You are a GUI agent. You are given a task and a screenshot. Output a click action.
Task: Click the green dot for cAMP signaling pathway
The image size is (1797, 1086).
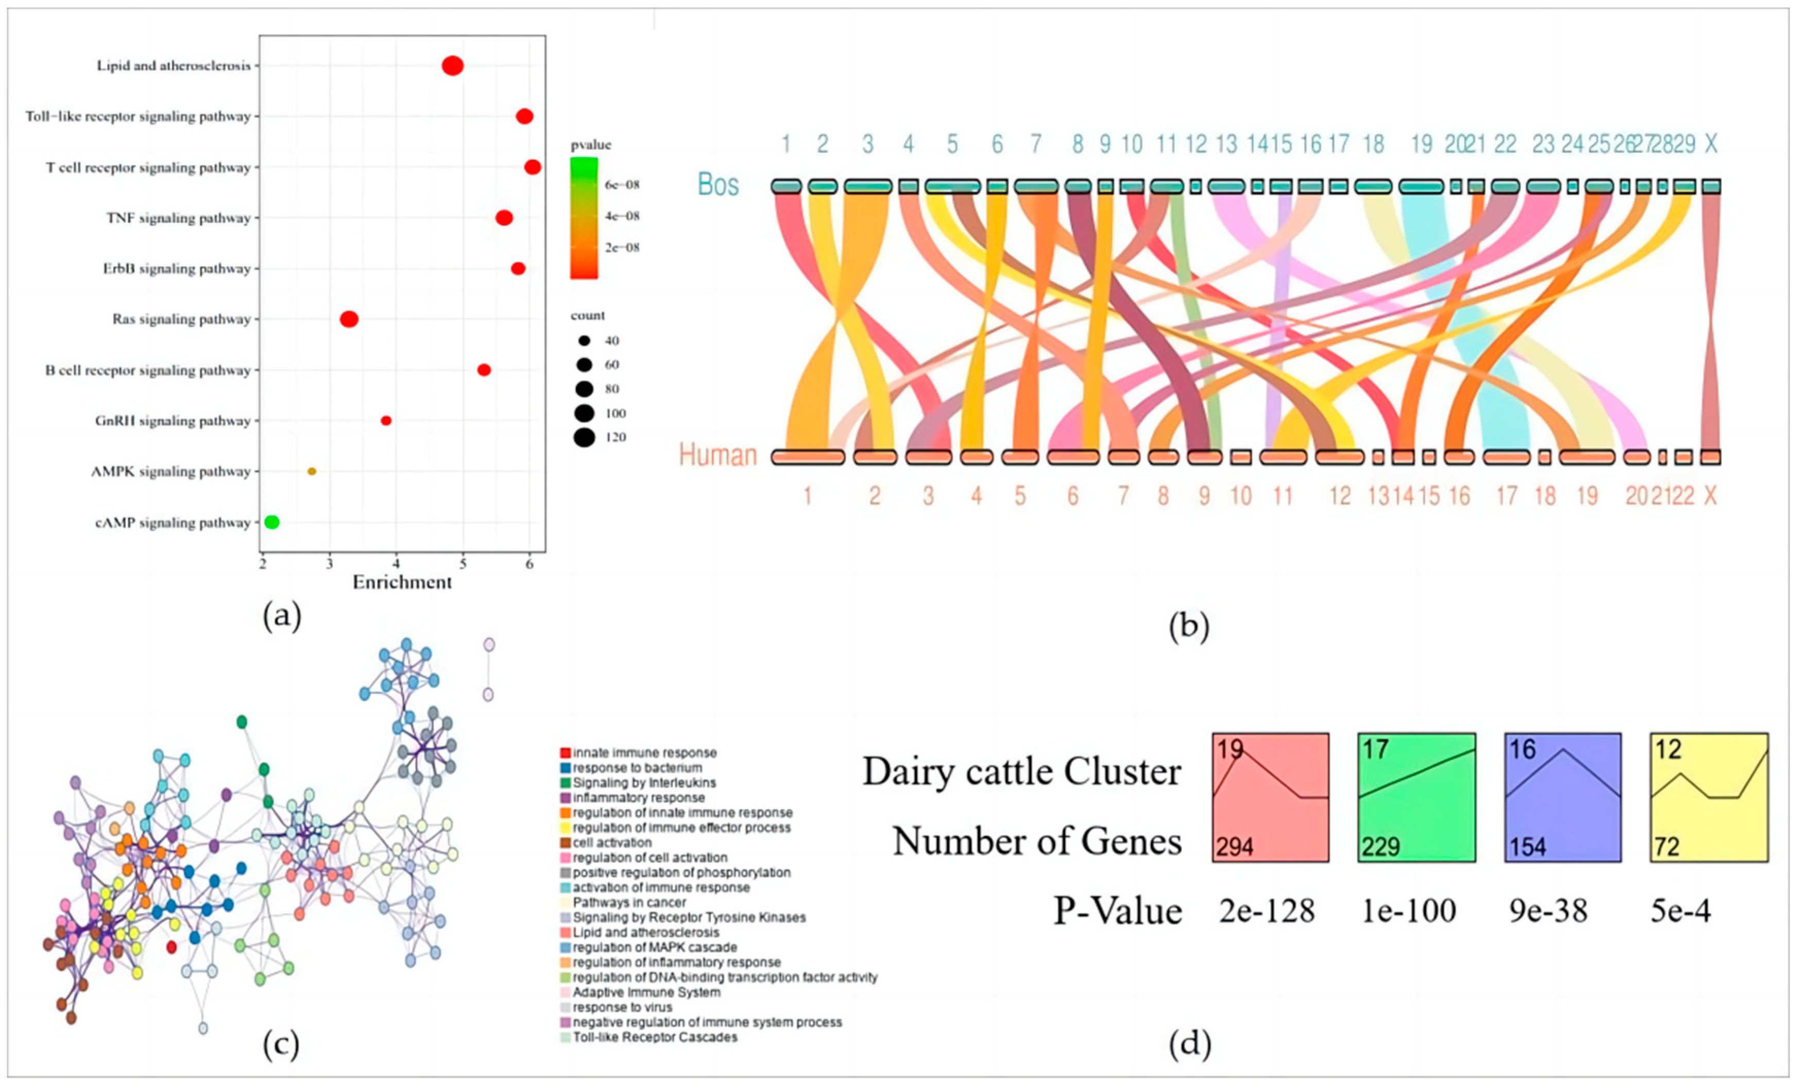click(272, 522)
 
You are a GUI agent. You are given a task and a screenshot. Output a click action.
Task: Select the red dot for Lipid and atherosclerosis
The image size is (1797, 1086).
click(452, 65)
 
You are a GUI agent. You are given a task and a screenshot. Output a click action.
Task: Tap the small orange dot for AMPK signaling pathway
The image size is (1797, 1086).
click(312, 471)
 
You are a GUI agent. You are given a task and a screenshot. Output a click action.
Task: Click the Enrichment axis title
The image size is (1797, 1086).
click(402, 582)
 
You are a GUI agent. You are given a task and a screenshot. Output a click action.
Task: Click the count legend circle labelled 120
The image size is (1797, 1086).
click(584, 437)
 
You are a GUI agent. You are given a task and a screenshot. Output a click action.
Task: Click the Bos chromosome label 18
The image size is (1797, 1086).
click(1373, 144)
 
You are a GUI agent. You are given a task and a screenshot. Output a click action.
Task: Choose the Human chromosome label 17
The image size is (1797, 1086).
click(1506, 496)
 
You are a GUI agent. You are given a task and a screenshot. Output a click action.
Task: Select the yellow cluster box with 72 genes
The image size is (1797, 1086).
click(1709, 797)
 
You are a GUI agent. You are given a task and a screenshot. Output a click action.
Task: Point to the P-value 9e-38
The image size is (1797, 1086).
click(1548, 911)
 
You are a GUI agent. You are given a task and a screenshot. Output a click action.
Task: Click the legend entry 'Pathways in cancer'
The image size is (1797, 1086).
click(629, 902)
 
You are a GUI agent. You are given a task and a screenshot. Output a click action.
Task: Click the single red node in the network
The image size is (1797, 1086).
click(172, 947)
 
